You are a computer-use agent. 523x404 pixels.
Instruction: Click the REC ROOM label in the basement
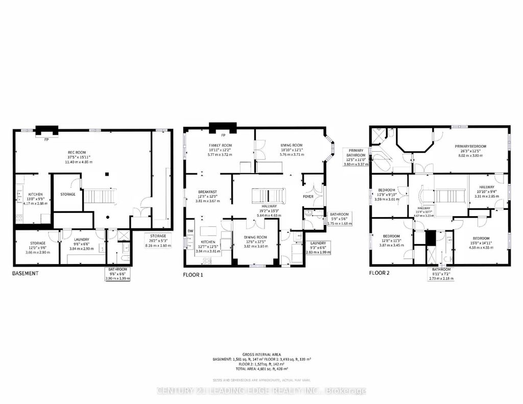click(77, 152)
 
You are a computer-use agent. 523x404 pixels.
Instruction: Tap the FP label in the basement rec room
click(46, 139)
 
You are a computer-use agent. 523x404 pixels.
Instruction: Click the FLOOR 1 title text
click(193, 274)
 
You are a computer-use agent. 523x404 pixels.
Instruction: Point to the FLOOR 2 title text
click(379, 273)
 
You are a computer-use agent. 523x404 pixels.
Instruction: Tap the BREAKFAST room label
click(208, 192)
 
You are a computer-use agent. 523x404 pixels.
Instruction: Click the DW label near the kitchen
click(190, 231)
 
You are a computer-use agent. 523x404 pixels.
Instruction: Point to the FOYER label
click(308, 196)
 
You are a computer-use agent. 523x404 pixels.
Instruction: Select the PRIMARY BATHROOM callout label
click(356, 155)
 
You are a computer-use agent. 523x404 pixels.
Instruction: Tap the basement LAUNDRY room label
click(81, 239)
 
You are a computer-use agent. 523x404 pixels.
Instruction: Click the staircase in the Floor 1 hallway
click(266, 196)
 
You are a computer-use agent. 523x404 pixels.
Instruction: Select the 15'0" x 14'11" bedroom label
click(482, 239)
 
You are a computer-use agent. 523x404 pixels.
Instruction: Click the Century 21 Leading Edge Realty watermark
click(261, 391)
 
